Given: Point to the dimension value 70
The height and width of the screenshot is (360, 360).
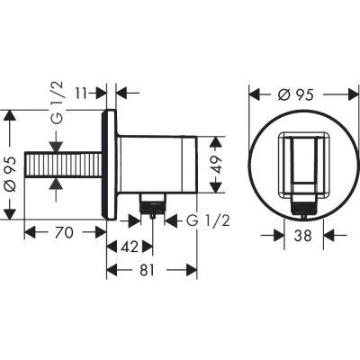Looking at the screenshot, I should (x=64, y=232).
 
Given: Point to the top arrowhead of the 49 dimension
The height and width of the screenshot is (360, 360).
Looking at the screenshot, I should (x=216, y=140).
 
